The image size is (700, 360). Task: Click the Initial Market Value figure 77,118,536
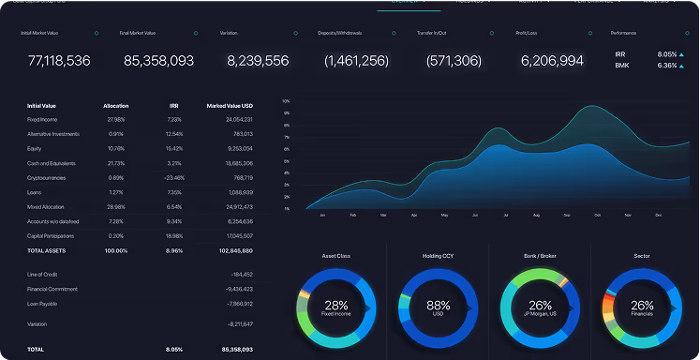click(x=59, y=61)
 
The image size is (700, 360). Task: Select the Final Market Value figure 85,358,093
click(x=158, y=61)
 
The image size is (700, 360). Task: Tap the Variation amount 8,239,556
click(x=258, y=61)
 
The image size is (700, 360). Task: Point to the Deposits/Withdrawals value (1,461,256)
click(x=356, y=61)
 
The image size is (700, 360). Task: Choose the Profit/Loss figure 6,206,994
click(x=552, y=61)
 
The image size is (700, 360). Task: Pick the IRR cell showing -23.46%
click(x=174, y=177)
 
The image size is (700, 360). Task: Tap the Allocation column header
click(x=116, y=106)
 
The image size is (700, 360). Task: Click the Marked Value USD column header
click(x=230, y=106)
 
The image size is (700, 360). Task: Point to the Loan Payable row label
click(x=44, y=305)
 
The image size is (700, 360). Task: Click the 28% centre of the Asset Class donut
click(x=335, y=307)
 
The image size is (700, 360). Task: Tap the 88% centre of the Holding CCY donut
click(x=438, y=307)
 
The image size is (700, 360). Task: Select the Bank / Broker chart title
click(x=540, y=255)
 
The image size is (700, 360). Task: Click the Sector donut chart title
click(x=642, y=255)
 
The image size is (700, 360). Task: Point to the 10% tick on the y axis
click(x=286, y=100)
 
